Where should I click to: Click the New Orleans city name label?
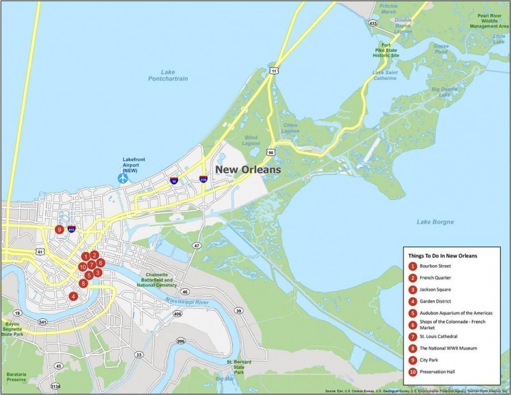point(247,170)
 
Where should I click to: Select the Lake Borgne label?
point(435,222)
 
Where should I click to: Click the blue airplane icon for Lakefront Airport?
point(123,178)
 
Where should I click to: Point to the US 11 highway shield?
point(273,70)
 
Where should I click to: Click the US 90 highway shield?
point(271,153)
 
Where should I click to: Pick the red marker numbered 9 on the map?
point(59,229)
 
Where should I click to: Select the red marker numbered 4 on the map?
point(74,296)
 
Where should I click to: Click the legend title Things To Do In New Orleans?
point(443,255)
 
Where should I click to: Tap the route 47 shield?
point(197,245)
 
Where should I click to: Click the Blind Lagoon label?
point(251,140)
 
